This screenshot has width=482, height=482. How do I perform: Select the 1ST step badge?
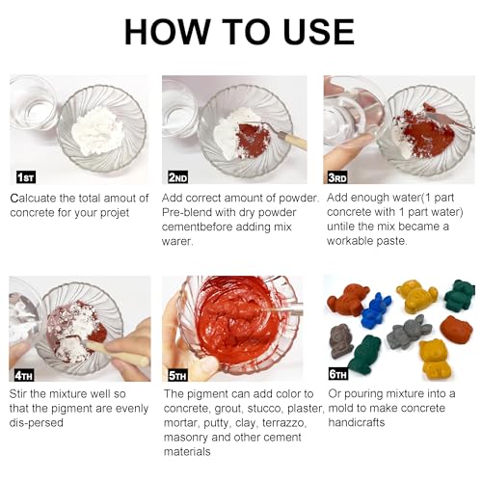tap(26, 177)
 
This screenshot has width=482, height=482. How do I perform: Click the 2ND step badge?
tap(177, 177)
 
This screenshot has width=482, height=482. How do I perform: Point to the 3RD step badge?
tap(337, 177)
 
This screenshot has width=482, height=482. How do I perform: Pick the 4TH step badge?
tap(24, 375)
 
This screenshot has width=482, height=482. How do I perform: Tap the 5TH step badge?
tap(177, 375)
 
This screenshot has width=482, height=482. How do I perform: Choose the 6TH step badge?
tap(338, 374)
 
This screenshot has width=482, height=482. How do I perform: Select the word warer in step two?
tap(177, 242)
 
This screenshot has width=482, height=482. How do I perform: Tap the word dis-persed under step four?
tap(37, 422)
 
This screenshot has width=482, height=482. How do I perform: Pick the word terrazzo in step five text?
tap(283, 423)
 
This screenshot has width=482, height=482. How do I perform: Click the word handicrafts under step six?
tap(357, 422)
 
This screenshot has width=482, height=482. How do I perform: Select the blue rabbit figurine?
tap(375, 310)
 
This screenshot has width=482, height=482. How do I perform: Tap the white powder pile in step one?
tap(98, 131)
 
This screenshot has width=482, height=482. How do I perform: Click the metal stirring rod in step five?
tap(282, 310)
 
